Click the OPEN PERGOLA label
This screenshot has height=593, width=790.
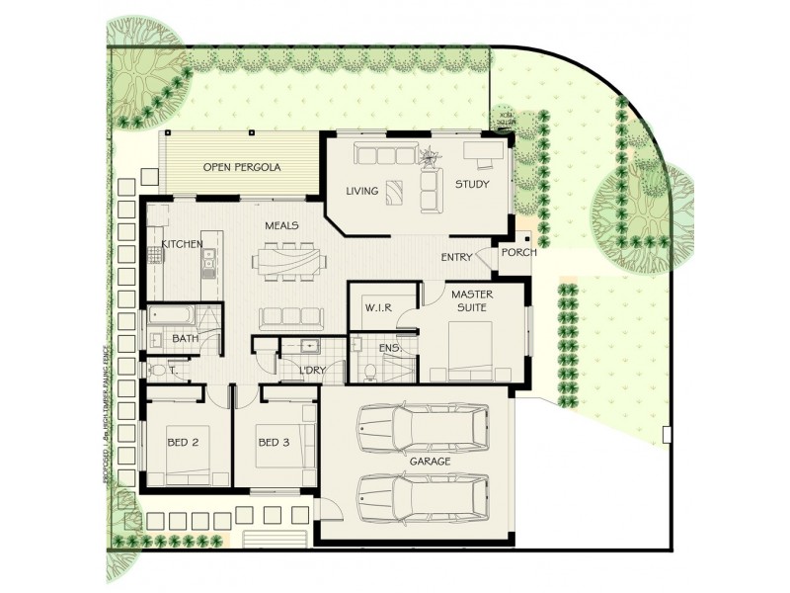[x=242, y=167]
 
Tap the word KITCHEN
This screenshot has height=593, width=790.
[x=183, y=243]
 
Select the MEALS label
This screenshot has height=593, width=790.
[x=281, y=225]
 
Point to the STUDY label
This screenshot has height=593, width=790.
[x=473, y=184]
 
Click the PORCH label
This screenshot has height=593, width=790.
[x=519, y=252]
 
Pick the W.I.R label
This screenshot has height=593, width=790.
[x=378, y=307]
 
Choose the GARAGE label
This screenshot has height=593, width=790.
[x=431, y=462]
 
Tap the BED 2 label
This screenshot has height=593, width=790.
[x=182, y=442]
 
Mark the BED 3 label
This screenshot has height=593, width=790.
[x=273, y=442]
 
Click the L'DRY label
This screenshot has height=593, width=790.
[x=312, y=371]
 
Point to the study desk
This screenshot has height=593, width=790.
[x=481, y=151]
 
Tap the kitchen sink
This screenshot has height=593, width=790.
[x=208, y=261]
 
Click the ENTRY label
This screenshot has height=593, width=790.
[x=457, y=258]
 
